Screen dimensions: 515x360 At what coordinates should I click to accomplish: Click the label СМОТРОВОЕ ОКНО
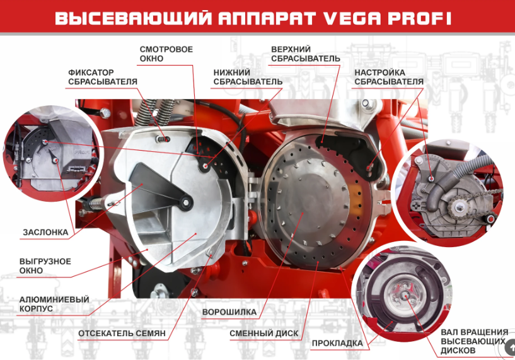click(166, 54)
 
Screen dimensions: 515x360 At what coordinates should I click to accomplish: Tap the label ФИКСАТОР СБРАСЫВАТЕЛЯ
click(103, 77)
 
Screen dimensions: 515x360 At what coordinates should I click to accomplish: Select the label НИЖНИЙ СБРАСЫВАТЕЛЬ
click(248, 77)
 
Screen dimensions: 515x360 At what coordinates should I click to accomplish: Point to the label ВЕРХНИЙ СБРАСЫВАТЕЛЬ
click(306, 54)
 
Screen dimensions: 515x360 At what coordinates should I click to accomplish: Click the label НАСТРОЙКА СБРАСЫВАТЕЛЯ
click(389, 77)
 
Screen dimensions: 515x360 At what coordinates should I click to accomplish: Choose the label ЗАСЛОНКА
click(45, 232)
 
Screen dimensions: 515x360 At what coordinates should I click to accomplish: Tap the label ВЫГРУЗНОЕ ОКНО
click(45, 266)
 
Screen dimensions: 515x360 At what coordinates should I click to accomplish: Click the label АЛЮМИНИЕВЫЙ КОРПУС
click(54, 304)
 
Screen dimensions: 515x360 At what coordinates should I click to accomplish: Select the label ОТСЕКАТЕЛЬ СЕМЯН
click(122, 334)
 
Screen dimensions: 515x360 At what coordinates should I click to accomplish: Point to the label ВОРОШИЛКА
click(229, 311)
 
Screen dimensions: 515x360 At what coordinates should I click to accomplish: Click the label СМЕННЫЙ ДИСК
click(263, 334)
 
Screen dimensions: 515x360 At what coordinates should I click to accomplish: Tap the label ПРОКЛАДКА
click(337, 343)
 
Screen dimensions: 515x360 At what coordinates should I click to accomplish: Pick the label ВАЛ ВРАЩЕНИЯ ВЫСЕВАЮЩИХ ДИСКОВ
click(474, 341)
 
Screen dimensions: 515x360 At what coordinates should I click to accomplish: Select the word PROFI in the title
click(419, 18)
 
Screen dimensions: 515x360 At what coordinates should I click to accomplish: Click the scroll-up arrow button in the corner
click(511, 347)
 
